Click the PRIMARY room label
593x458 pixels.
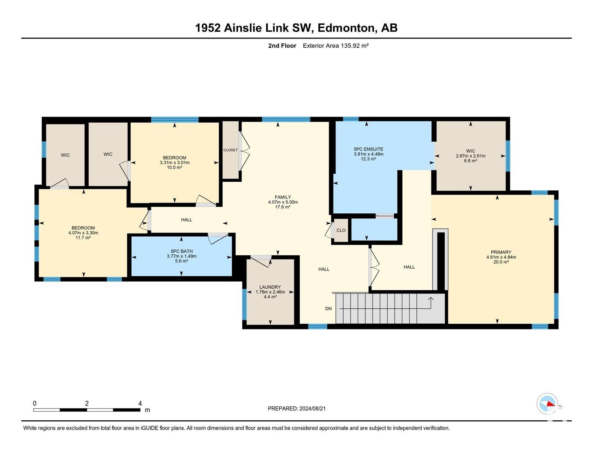point(501,252)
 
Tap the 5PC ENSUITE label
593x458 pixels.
point(368,149)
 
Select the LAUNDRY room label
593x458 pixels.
point(270,287)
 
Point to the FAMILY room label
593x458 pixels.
point(283,197)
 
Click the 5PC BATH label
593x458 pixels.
point(181,251)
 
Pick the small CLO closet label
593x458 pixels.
point(341,230)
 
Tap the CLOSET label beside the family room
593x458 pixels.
point(230,150)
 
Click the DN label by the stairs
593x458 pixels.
point(328,308)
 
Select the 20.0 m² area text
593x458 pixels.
point(501,262)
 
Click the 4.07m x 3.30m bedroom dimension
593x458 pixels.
point(83,233)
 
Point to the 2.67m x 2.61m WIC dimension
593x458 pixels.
point(470,156)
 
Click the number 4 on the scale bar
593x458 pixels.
point(140,403)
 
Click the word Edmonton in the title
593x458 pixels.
point(346,28)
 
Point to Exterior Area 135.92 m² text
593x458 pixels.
point(335,45)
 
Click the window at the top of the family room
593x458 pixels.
point(286,119)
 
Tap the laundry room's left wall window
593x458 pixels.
point(245,304)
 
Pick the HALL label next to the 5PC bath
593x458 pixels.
point(187,219)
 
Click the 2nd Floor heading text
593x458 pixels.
point(282,45)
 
